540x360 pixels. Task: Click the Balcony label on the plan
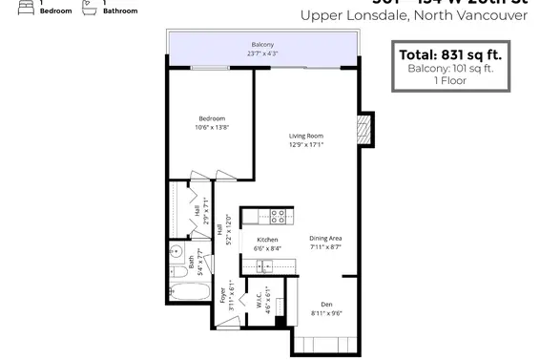click(262, 45)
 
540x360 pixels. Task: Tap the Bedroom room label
click(212, 117)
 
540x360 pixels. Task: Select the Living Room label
click(307, 136)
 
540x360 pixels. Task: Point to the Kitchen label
click(267, 240)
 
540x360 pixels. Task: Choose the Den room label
click(326, 303)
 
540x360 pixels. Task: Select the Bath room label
click(191, 259)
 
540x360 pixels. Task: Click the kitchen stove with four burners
click(277, 216)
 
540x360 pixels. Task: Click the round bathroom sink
click(176, 253)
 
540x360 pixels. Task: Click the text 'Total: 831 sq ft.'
click(447, 54)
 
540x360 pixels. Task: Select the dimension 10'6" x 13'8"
click(212, 127)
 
